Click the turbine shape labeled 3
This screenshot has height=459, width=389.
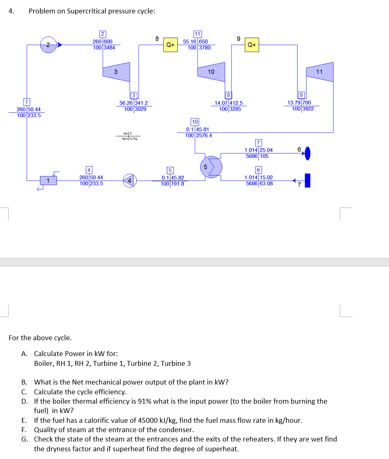coord(116,72)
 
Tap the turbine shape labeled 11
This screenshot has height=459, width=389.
coord(320,72)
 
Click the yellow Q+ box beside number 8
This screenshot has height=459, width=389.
coord(170,45)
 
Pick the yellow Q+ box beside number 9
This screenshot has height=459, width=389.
coord(252,45)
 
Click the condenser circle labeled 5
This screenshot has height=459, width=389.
coord(212,166)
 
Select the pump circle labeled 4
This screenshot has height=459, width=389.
coord(130,179)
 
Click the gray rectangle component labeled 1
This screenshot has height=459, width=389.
coord(48,180)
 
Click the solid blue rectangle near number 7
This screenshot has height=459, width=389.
coord(308,180)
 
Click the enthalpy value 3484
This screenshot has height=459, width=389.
coord(109,48)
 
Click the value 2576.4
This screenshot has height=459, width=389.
coord(204,136)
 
